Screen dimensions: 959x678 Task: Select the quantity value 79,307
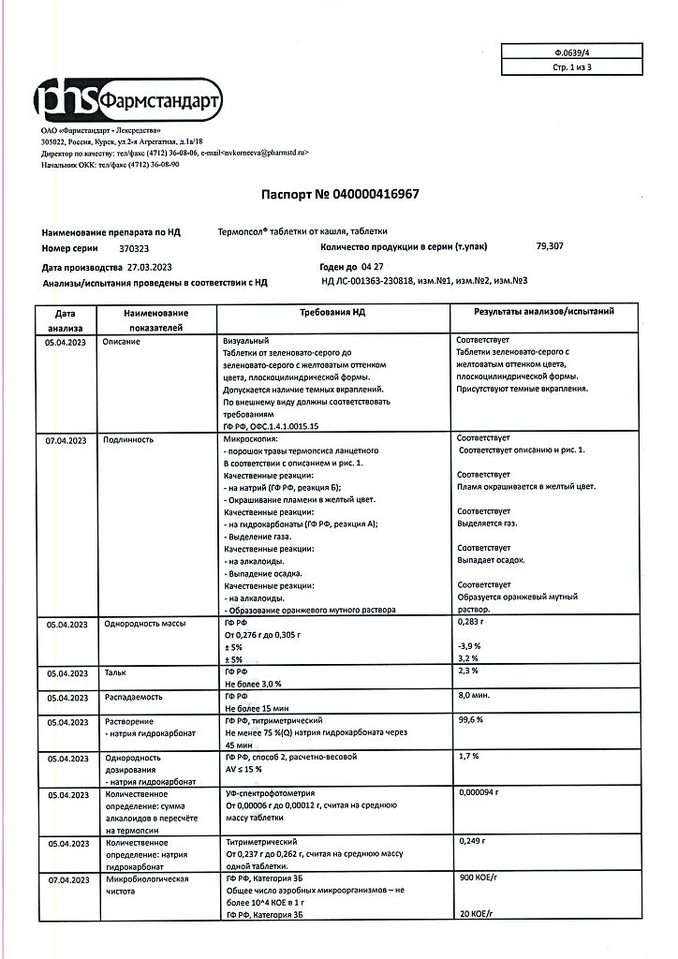pos(550,246)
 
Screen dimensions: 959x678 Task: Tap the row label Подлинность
pos(127,438)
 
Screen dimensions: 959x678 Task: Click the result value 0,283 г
pos(470,622)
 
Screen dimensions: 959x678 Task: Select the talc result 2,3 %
pos(468,672)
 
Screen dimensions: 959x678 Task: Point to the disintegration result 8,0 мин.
pos(474,697)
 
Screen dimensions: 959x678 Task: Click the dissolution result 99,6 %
pos(470,721)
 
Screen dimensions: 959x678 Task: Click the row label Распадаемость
pos(134,697)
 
